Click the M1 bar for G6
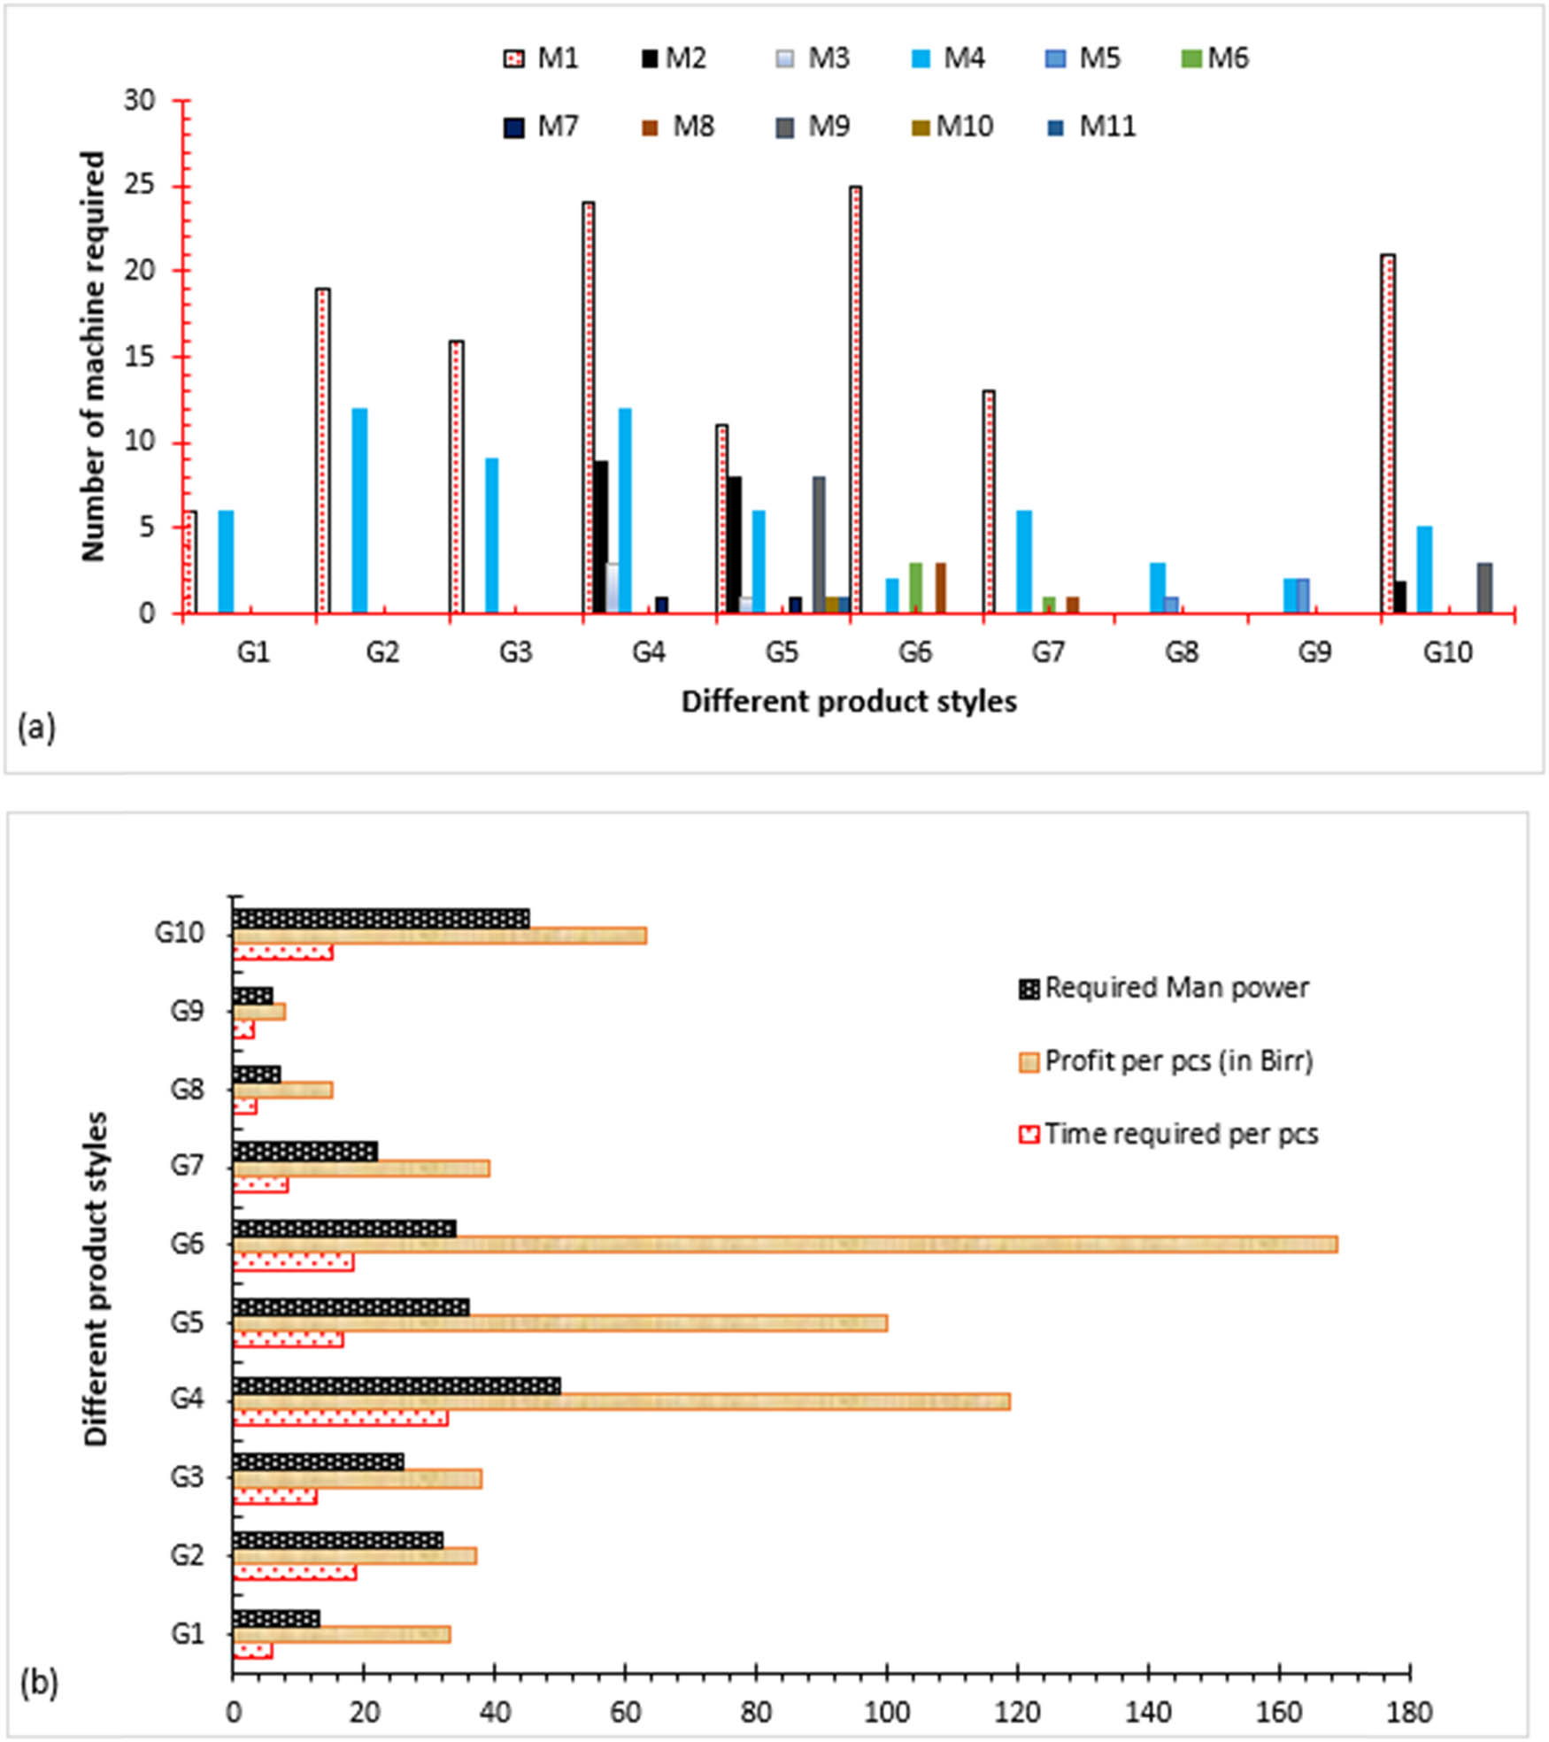(x=856, y=398)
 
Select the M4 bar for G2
(x=359, y=510)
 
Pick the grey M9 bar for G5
(x=819, y=544)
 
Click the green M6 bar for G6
(x=916, y=587)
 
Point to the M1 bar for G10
(x=1388, y=433)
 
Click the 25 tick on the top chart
(x=140, y=185)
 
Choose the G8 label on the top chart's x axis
(x=1182, y=652)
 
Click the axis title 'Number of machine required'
(x=92, y=356)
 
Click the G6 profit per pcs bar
(x=784, y=1245)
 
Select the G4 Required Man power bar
(x=397, y=1385)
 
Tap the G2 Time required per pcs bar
(x=295, y=1572)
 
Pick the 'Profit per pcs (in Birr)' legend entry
(x=1166, y=1060)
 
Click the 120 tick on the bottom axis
(x=1017, y=1712)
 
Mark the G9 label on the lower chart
(x=187, y=1010)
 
